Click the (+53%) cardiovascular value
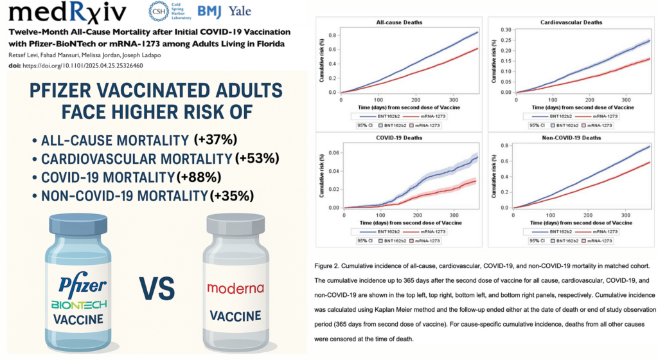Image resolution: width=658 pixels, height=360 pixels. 257,158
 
